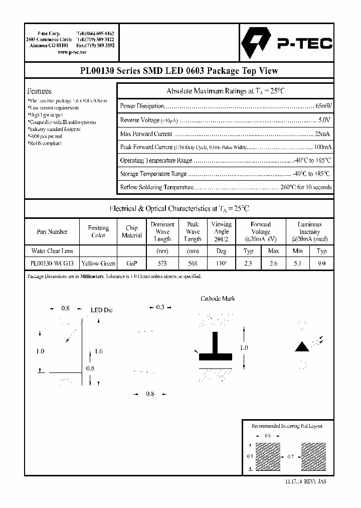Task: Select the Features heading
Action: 39,91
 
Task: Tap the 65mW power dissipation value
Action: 323,106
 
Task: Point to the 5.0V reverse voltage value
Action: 324,120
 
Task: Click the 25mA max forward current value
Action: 322,134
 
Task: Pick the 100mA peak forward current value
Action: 322,148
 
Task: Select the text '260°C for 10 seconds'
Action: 306,187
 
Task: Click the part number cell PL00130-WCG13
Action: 52,264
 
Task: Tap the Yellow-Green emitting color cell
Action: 98,264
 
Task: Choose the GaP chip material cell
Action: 131,264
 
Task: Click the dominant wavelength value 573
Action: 162,264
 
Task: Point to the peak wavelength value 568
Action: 193,264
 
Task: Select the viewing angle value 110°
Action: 221,264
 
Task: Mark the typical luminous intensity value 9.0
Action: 321,264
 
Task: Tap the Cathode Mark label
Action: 218,299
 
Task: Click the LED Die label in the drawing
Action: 101,310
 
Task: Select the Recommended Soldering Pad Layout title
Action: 287,426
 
